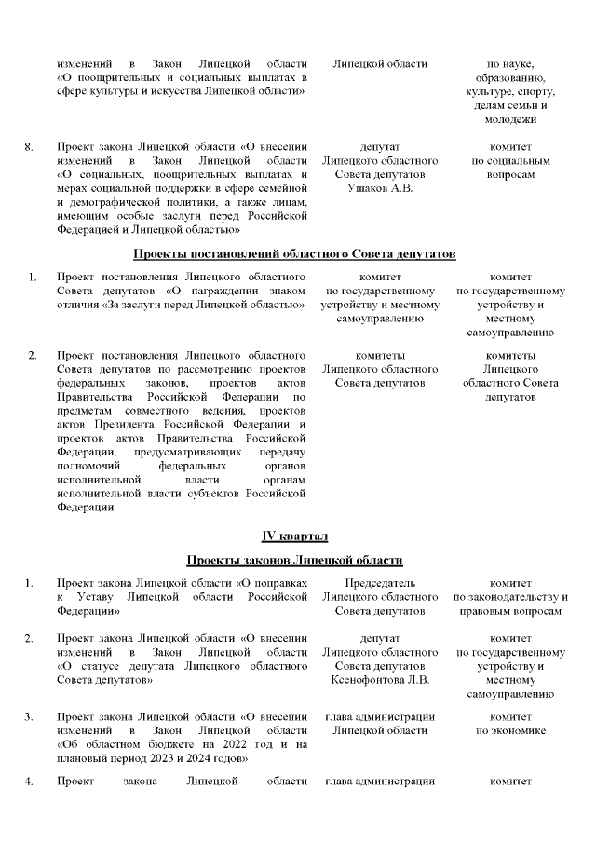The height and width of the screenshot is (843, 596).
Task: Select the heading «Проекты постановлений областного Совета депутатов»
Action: (294, 253)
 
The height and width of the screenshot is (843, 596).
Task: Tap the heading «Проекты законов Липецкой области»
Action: (294, 560)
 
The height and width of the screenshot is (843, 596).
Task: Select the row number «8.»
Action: (29, 147)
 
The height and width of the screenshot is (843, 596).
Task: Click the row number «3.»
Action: (29, 717)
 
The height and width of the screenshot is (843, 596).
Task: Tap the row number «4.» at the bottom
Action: (29, 781)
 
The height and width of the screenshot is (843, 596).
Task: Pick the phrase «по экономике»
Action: (510, 731)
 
